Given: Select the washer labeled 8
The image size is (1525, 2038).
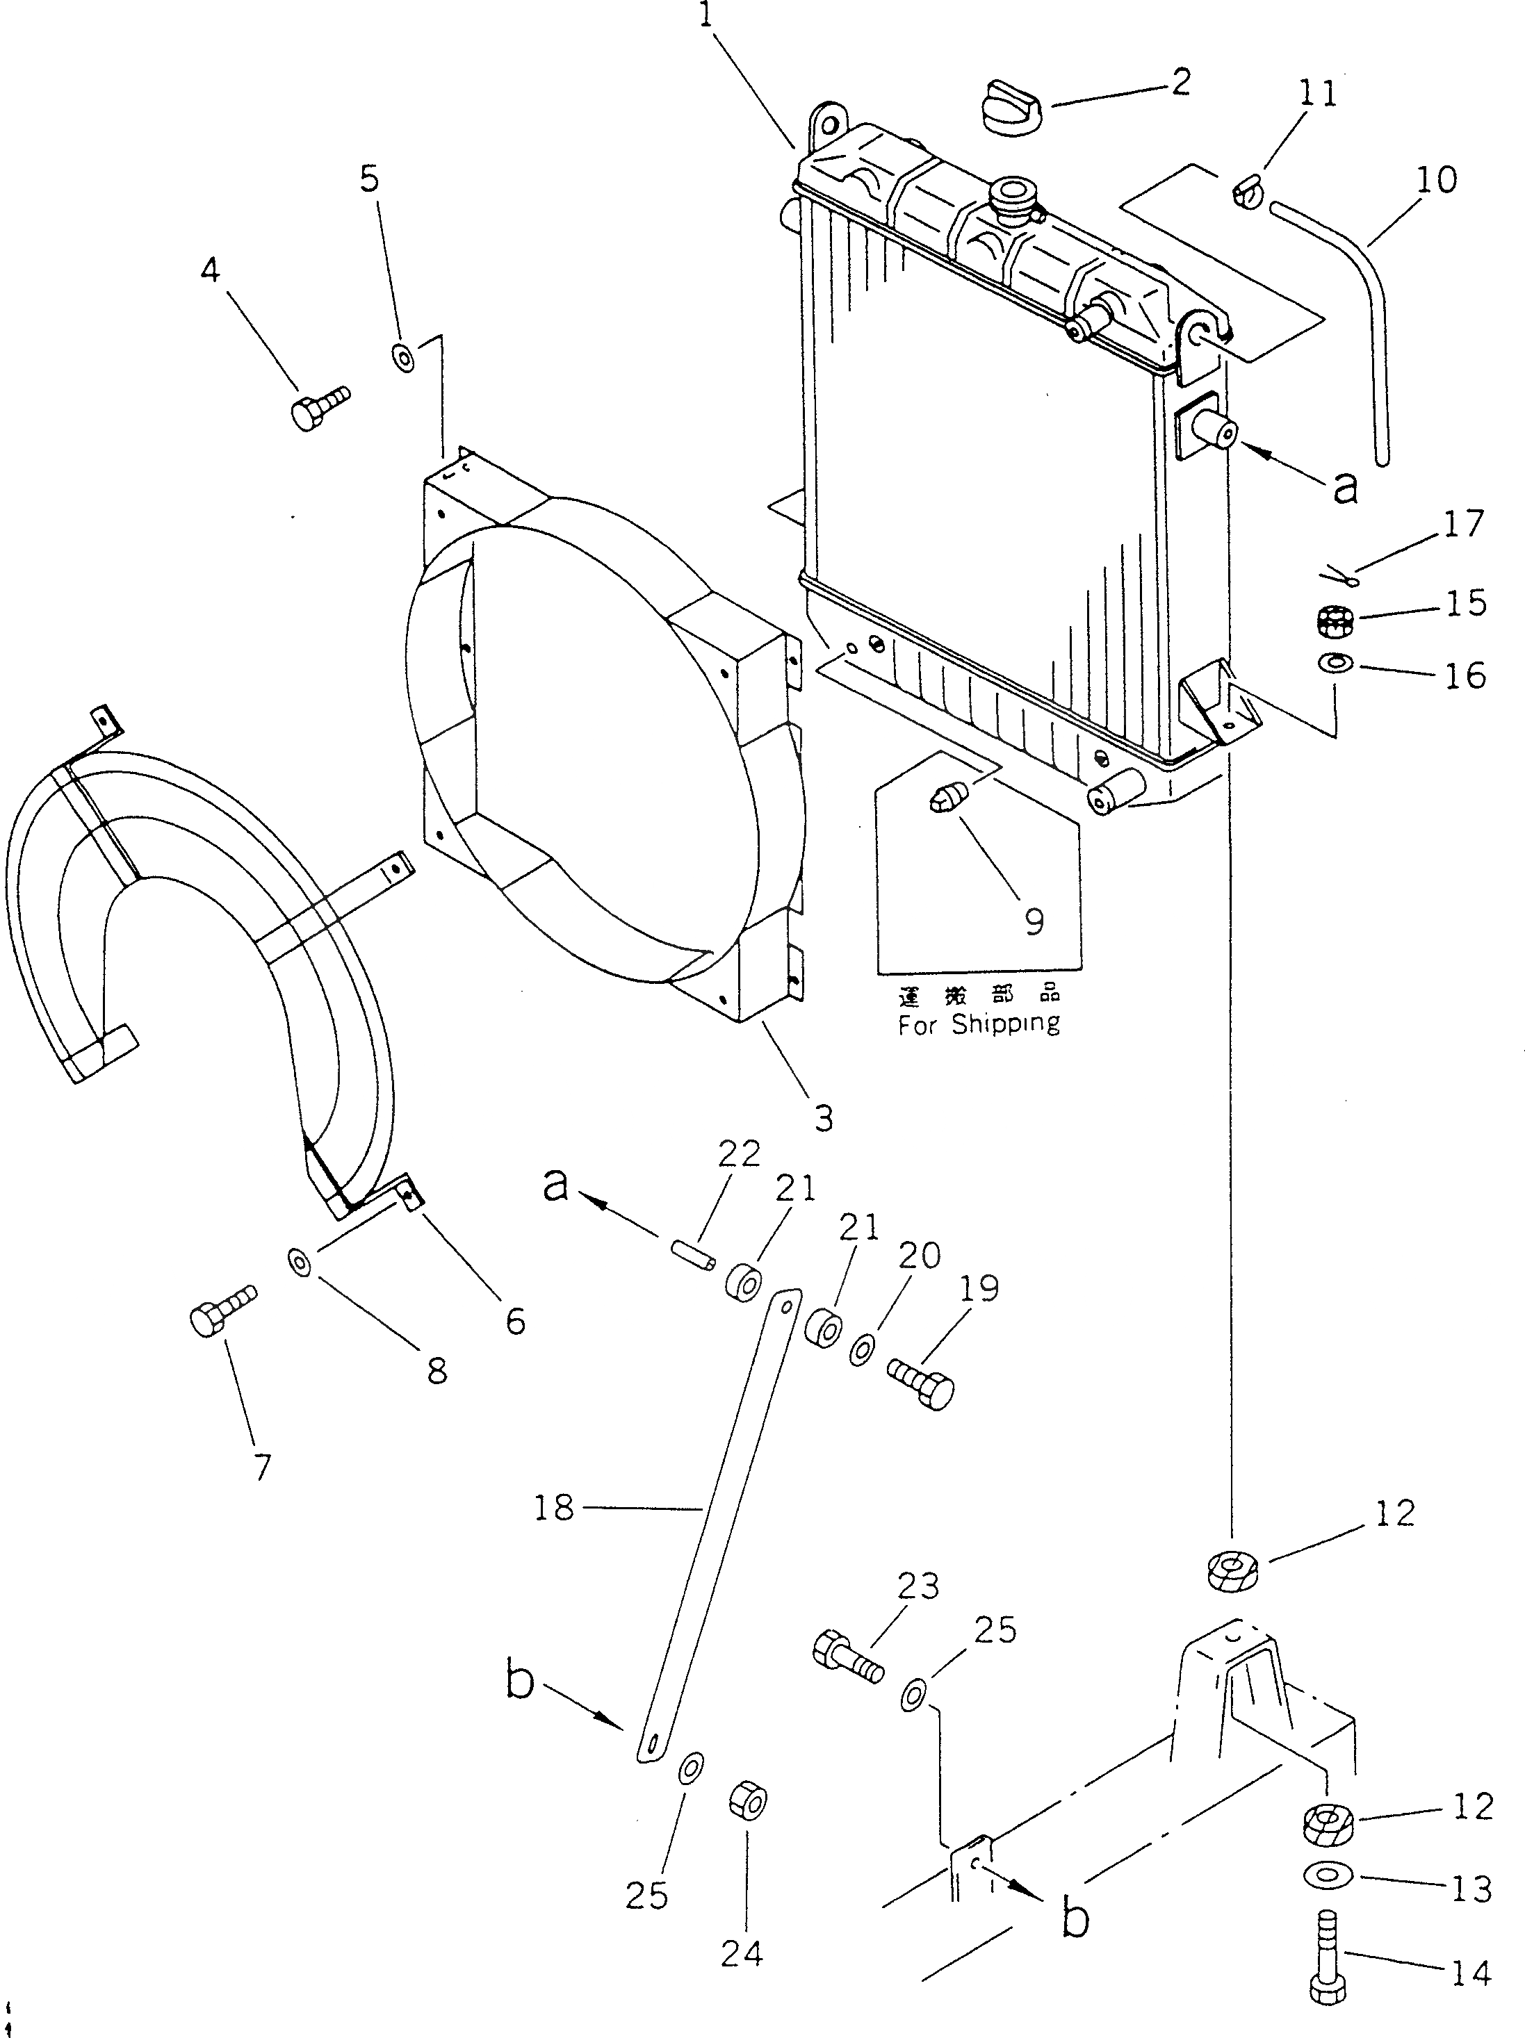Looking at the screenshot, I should [299, 1263].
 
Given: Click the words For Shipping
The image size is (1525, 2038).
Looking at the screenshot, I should [979, 1024].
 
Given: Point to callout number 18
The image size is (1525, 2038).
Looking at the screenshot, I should [554, 1509].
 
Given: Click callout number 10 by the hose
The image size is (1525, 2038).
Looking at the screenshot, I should [1435, 181].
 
